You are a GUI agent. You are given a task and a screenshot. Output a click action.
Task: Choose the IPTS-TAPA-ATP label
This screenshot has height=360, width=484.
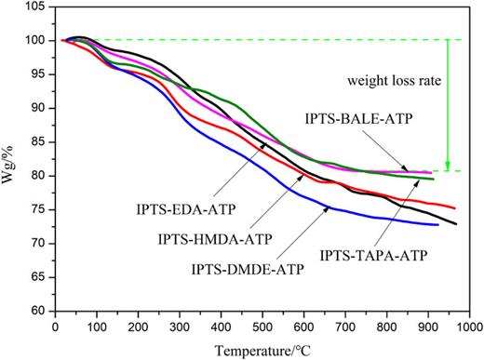click(370, 252)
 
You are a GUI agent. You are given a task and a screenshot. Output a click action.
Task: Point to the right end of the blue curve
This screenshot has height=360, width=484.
click(437, 224)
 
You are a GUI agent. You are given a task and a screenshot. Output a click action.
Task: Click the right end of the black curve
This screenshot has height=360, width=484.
click(456, 224)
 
